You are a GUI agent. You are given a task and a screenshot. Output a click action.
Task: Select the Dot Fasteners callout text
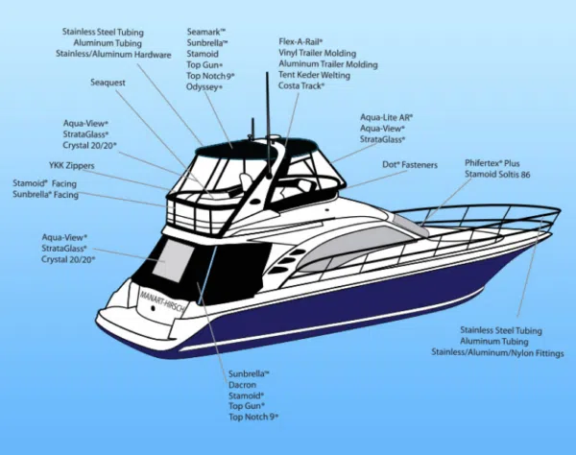click(x=410, y=165)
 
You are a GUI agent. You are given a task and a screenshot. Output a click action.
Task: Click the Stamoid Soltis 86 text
click(x=497, y=177)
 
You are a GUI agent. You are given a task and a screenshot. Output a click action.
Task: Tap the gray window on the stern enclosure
click(x=174, y=259)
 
